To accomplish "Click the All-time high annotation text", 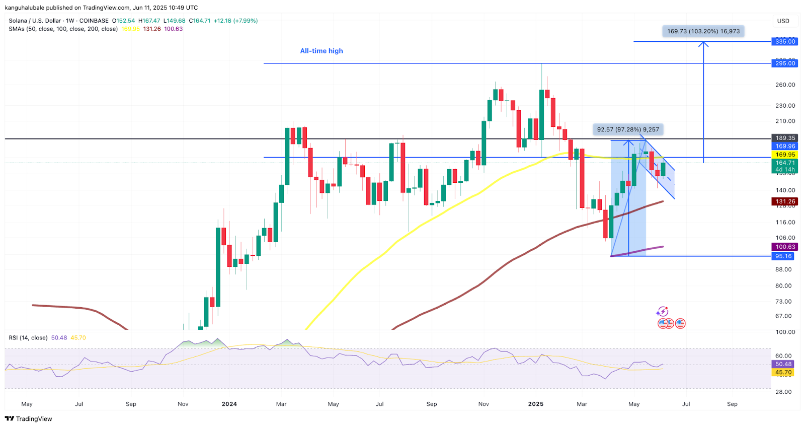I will (x=321, y=51).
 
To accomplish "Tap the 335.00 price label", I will (x=785, y=41).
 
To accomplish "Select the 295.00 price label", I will (x=785, y=63).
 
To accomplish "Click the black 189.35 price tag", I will (x=785, y=138).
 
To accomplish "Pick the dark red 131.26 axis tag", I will (x=785, y=201).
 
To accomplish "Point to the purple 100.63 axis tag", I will (x=785, y=247).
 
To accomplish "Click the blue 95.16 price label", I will (x=783, y=256).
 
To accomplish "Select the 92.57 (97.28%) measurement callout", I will (x=628, y=129).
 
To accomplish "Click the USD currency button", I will (x=783, y=21).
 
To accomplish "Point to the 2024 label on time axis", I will (x=229, y=404).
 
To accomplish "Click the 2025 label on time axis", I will (x=535, y=404).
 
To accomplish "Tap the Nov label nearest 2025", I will (x=484, y=404).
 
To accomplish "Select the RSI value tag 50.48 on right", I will (x=783, y=364).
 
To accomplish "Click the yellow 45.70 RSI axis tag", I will (x=783, y=373).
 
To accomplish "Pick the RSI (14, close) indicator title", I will (x=28, y=338).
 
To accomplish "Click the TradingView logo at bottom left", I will (x=29, y=419).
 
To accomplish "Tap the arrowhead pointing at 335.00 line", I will (x=703, y=44).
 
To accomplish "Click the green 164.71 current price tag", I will (x=785, y=163).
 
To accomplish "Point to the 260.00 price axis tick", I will (x=785, y=85).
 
